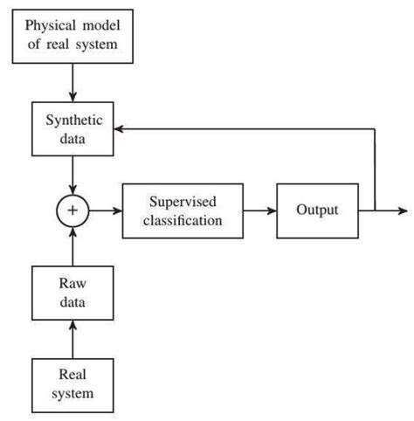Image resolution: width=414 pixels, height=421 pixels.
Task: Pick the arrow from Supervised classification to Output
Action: click(x=259, y=210)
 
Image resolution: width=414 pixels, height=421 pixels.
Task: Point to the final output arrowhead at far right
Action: click(x=402, y=210)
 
